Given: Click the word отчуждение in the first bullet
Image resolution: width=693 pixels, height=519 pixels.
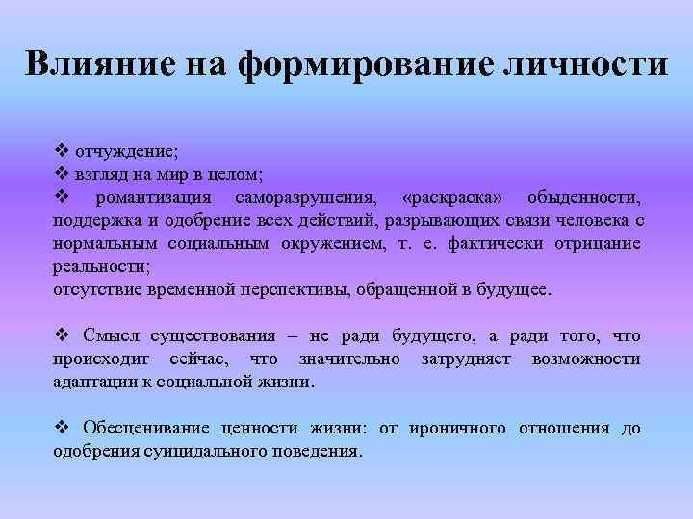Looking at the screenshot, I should pos(124,152).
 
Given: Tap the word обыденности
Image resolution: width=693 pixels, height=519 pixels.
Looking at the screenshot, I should pos(582,197).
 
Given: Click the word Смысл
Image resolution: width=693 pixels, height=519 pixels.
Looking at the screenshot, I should pos(113,335).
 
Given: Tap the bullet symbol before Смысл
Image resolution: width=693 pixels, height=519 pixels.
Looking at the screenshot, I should pos(61,335).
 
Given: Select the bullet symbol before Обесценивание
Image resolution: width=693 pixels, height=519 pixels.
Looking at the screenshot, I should pos(61,428).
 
